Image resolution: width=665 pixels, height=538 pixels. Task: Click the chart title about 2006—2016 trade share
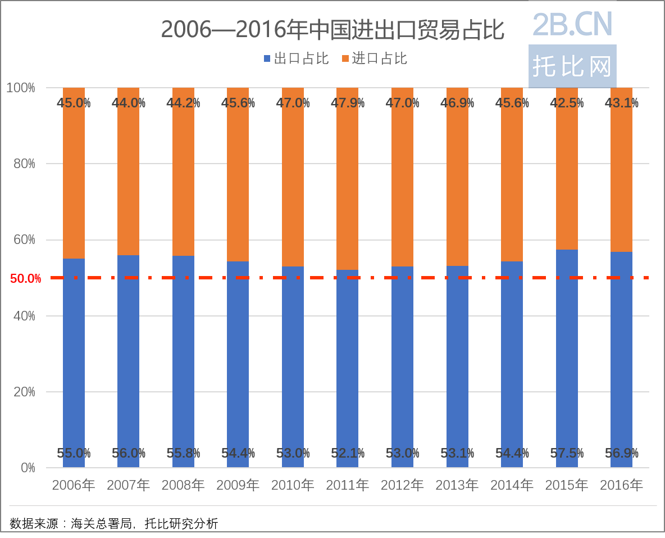coord(332,30)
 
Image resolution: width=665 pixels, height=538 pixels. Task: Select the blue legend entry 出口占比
coord(296,58)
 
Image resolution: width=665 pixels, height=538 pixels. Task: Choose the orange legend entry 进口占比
coord(374,58)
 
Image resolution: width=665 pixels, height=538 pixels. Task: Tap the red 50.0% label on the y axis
coord(25,278)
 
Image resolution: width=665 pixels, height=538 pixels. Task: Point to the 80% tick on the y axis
coord(24,164)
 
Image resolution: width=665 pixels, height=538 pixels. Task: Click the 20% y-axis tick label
coord(24,392)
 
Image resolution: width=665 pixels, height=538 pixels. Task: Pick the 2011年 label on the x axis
coord(347,485)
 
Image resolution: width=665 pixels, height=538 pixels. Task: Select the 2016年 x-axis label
coord(621,485)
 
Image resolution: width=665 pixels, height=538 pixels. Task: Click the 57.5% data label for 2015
coord(566,453)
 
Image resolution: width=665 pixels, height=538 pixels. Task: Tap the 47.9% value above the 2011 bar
coord(347,103)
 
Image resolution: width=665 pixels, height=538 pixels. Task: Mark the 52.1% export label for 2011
coord(347,453)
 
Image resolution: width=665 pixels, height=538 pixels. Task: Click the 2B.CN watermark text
coord(572,24)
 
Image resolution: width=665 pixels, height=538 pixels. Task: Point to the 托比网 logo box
coord(572,66)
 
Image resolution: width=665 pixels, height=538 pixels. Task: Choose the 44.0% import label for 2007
coord(128,103)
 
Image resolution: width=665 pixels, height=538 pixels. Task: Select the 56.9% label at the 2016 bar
coord(621,453)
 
